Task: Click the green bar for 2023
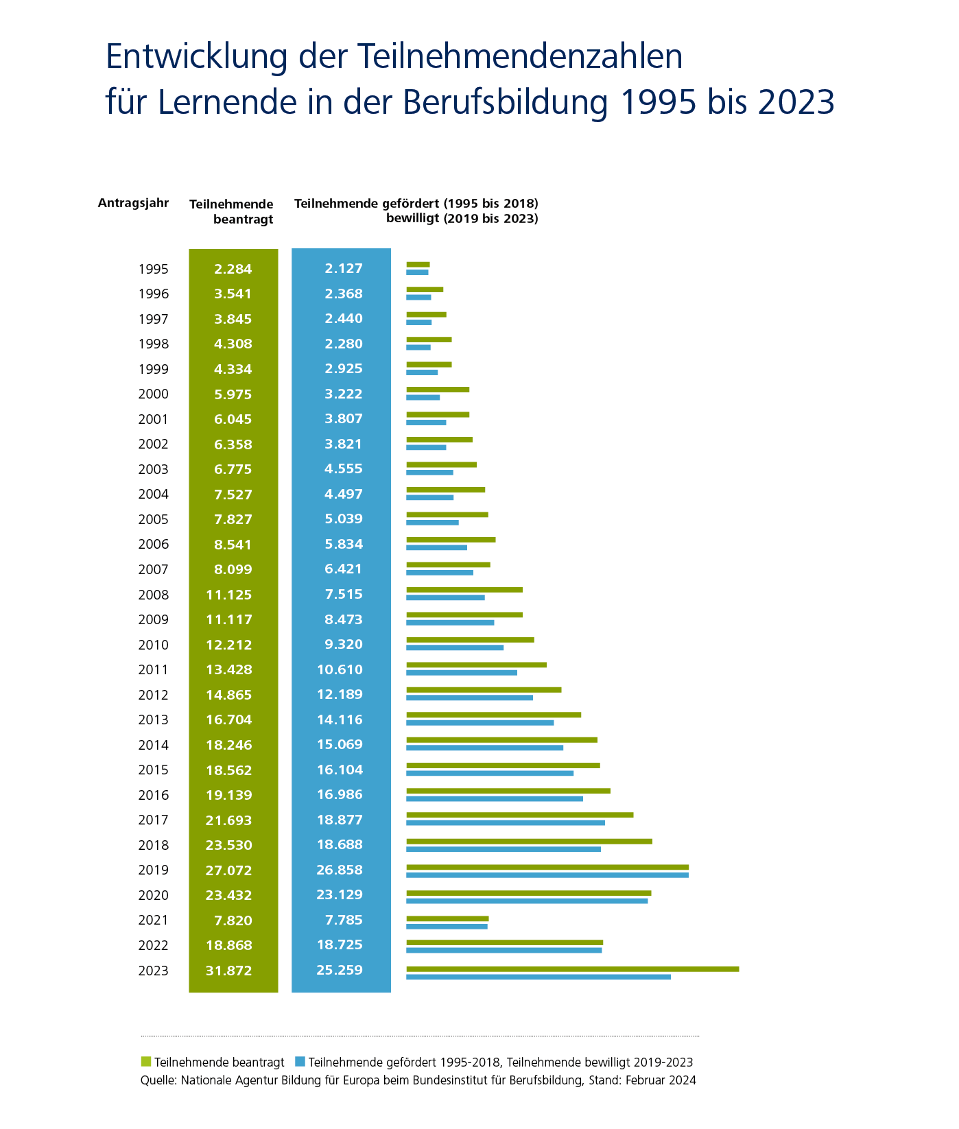(x=572, y=968)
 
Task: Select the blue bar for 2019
(x=547, y=875)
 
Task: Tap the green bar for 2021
(x=447, y=918)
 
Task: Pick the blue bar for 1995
(x=417, y=272)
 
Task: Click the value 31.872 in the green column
(x=229, y=971)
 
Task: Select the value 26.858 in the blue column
(x=340, y=870)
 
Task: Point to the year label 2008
(x=153, y=595)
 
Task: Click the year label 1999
(x=153, y=369)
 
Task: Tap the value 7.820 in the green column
(x=233, y=920)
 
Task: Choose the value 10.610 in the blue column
(x=340, y=669)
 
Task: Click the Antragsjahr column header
(x=133, y=203)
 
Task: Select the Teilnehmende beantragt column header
(x=232, y=211)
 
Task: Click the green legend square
(x=145, y=1062)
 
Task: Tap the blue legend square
(x=299, y=1062)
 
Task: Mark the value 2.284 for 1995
(x=233, y=269)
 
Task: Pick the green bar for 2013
(x=493, y=715)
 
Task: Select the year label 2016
(x=153, y=795)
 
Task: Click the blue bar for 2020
(x=526, y=901)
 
